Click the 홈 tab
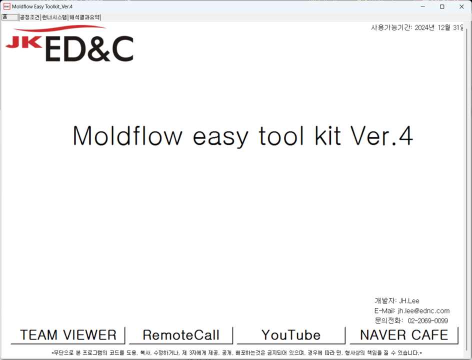(9, 17)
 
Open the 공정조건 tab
(30, 17)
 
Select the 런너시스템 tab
(54, 17)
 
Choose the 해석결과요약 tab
(84, 17)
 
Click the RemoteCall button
(181, 335)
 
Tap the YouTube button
(291, 335)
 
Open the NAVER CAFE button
(404, 335)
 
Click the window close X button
(461, 6)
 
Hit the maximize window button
(442, 6)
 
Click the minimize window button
(423, 6)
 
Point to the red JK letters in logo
(24, 42)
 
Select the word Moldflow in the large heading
(127, 135)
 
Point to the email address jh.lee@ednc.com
(423, 310)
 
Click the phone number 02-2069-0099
(428, 320)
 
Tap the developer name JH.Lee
(409, 300)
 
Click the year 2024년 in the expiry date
(424, 27)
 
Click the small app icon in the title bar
(6, 6)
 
